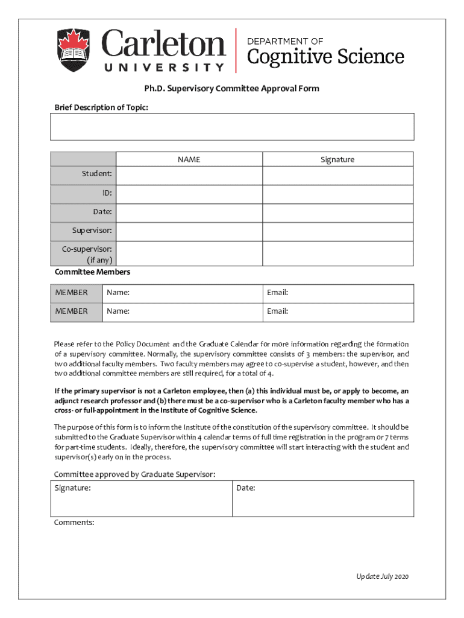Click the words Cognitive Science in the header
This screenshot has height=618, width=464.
(x=325, y=57)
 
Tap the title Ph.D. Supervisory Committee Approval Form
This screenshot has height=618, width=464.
(x=231, y=89)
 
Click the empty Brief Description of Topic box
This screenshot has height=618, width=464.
(x=232, y=127)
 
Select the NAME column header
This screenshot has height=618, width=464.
(x=189, y=159)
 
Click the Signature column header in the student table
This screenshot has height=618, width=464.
(x=337, y=159)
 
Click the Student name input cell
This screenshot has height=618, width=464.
(x=189, y=176)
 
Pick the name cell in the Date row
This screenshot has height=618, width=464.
(x=189, y=212)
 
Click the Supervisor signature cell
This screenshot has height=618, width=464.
(x=337, y=231)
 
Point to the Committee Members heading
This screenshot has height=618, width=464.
(x=92, y=272)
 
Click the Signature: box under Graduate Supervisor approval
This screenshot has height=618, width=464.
(x=142, y=499)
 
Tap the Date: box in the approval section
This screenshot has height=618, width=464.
(x=322, y=499)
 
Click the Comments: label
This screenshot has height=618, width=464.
(x=74, y=523)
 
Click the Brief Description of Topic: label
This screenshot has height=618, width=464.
(x=101, y=107)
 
